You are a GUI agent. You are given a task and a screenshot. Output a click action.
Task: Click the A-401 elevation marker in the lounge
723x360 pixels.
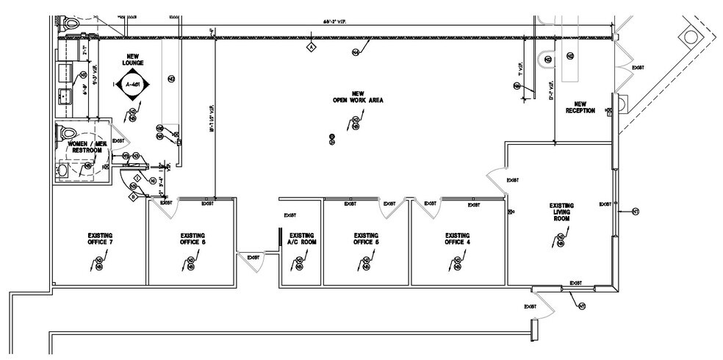point(132,85)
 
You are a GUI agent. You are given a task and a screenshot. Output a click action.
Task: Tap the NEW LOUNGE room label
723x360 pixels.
point(133,60)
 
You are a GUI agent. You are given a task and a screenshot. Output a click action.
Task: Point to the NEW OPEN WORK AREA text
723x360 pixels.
point(358,97)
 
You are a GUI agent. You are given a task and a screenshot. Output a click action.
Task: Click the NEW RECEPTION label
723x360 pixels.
point(580,107)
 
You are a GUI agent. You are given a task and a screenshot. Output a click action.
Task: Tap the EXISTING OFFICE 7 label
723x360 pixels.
point(99,240)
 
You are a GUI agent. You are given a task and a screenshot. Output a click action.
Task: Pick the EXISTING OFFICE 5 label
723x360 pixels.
point(366,240)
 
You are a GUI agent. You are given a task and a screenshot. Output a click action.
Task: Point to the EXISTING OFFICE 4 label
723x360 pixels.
point(457,240)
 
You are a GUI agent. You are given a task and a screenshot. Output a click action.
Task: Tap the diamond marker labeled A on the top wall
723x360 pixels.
point(311,47)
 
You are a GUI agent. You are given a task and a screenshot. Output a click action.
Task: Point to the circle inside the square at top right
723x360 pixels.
point(691,35)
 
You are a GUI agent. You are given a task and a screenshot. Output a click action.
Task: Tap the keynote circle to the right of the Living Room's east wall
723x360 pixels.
point(635,212)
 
